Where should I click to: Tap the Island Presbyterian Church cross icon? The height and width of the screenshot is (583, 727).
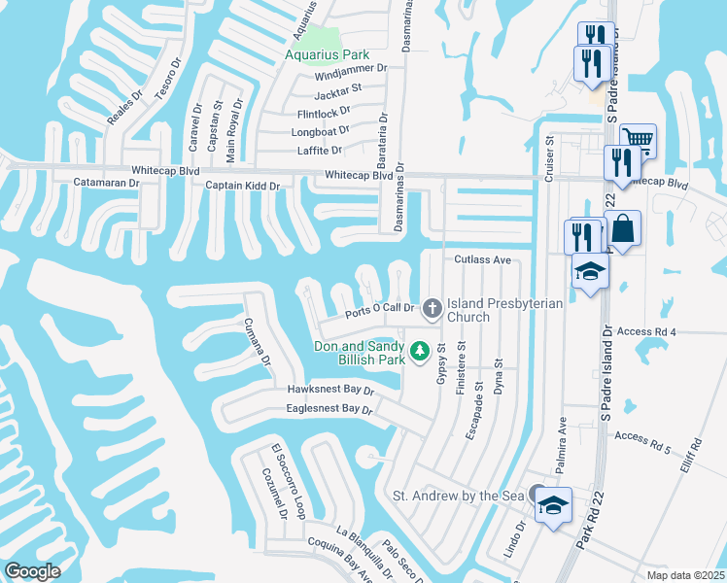point(432,309)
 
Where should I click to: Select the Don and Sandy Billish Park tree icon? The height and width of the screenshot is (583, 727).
point(420,350)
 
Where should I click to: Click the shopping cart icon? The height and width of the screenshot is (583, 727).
point(638,138)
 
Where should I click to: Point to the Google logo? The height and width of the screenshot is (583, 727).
point(32,571)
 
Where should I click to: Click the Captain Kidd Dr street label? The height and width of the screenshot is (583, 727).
point(242,186)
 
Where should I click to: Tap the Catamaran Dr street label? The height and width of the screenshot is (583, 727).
point(112,182)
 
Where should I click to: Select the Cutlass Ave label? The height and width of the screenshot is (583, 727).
point(482,260)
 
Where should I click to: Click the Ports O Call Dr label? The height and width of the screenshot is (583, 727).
point(381,311)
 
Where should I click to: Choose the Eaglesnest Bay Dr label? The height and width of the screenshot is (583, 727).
point(329,409)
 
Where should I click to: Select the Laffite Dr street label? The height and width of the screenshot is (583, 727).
point(320,151)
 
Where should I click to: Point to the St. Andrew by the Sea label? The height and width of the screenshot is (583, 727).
point(458,496)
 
